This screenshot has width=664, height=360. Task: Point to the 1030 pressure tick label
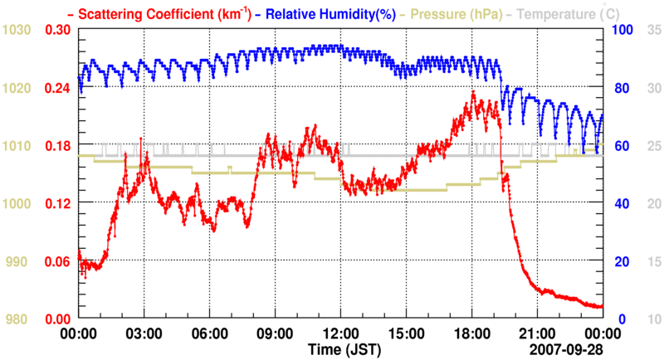(17, 30)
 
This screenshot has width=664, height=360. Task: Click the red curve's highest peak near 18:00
(472, 91)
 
